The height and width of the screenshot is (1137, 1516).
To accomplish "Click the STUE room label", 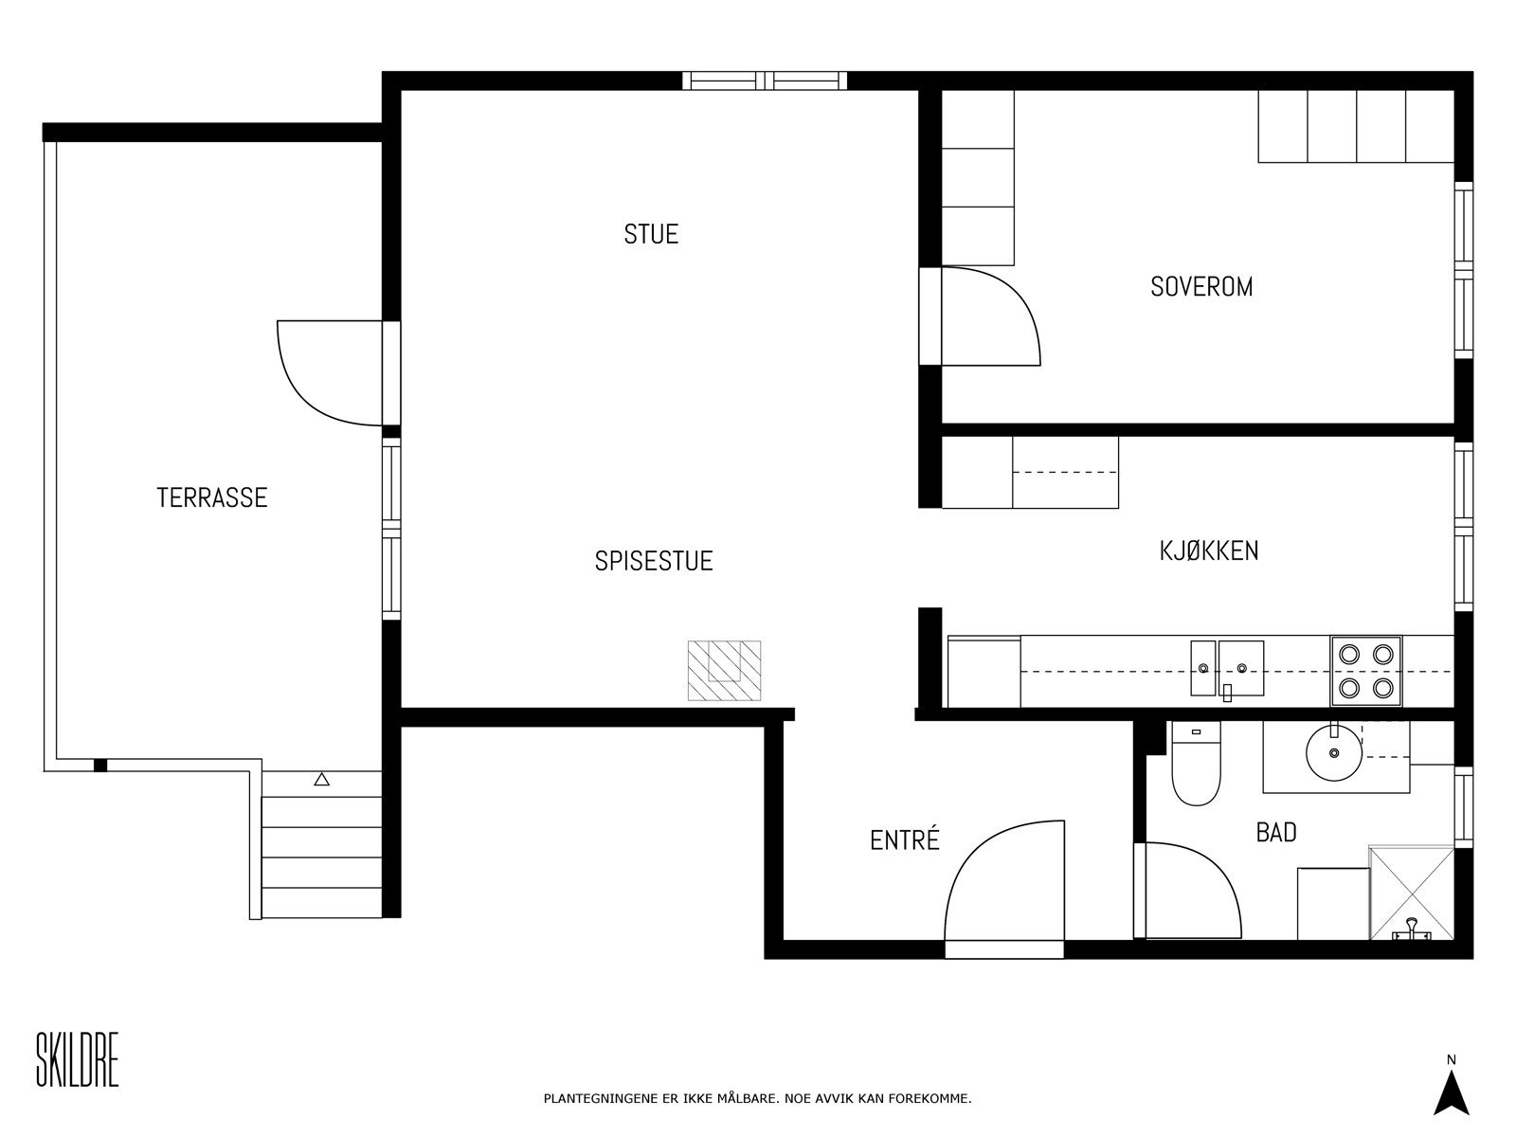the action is pos(651,235).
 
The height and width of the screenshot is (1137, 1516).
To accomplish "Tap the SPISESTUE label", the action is pos(654,561).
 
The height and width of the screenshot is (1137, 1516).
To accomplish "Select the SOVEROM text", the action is pos(1201,286).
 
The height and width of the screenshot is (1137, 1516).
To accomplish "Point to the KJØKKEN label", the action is pos(1209,550).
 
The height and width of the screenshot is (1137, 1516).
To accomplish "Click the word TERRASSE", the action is pos(212,497).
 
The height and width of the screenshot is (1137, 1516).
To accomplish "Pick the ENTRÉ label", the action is pos(905,839).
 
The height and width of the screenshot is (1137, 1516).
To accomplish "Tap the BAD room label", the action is pos(1276,833).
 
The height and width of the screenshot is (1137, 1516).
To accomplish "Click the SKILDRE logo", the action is pos(78,1059).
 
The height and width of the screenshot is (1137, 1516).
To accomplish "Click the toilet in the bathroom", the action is pos(1197,763).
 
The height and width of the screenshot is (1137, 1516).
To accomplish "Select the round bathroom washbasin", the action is pos(1334,752).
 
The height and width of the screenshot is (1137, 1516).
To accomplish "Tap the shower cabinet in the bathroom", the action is pos(1412,893).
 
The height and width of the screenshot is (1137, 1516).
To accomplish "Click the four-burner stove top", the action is pos(1366,671).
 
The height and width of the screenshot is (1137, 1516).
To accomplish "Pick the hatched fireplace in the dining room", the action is pos(724,670).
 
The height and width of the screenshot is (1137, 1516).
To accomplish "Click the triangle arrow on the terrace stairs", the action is pos(321,780).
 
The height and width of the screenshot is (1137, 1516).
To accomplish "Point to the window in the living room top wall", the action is pos(765,81).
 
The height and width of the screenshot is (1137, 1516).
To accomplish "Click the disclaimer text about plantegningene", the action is pos(757,1098).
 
